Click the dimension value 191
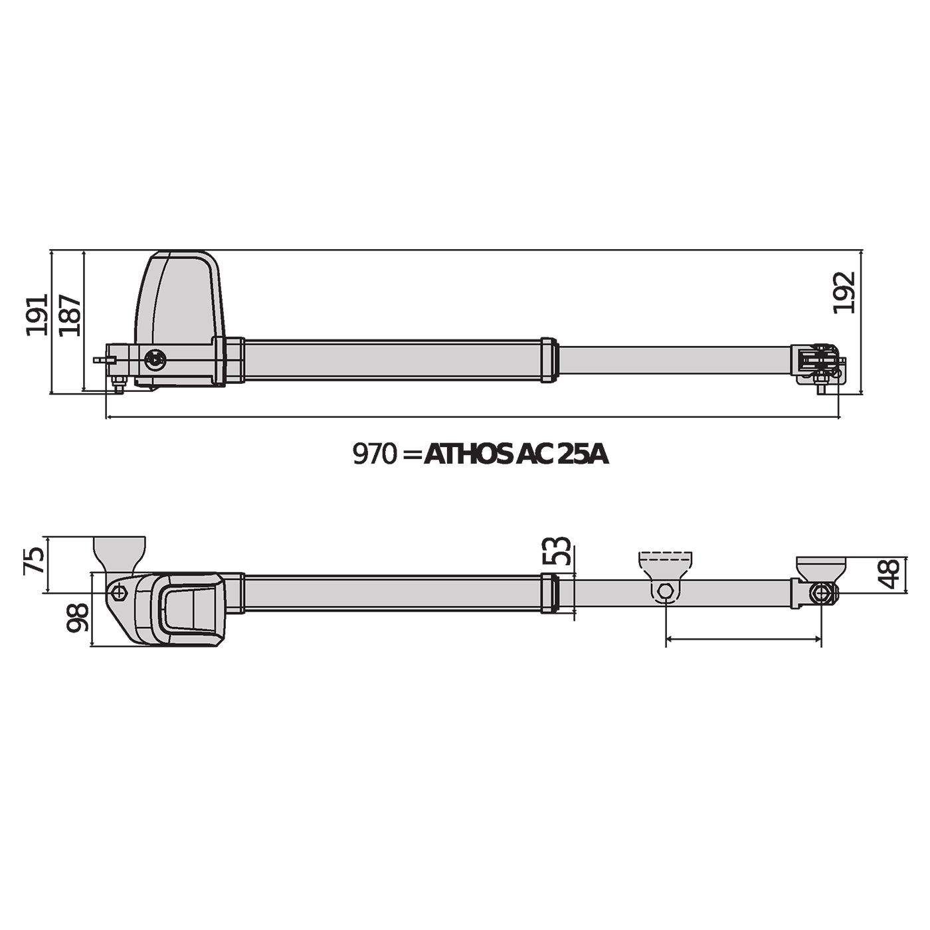point(37,314)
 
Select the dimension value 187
point(70,314)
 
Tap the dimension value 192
point(844,292)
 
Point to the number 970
point(374,454)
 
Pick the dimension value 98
point(78,618)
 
